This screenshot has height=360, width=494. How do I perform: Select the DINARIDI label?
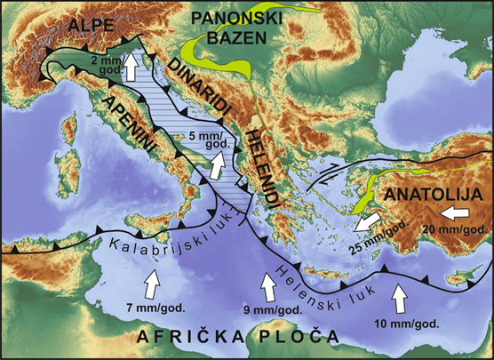(x=204, y=84)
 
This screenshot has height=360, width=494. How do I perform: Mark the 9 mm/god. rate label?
(x=268, y=311)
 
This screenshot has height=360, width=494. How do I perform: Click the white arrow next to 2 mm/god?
(x=131, y=68)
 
